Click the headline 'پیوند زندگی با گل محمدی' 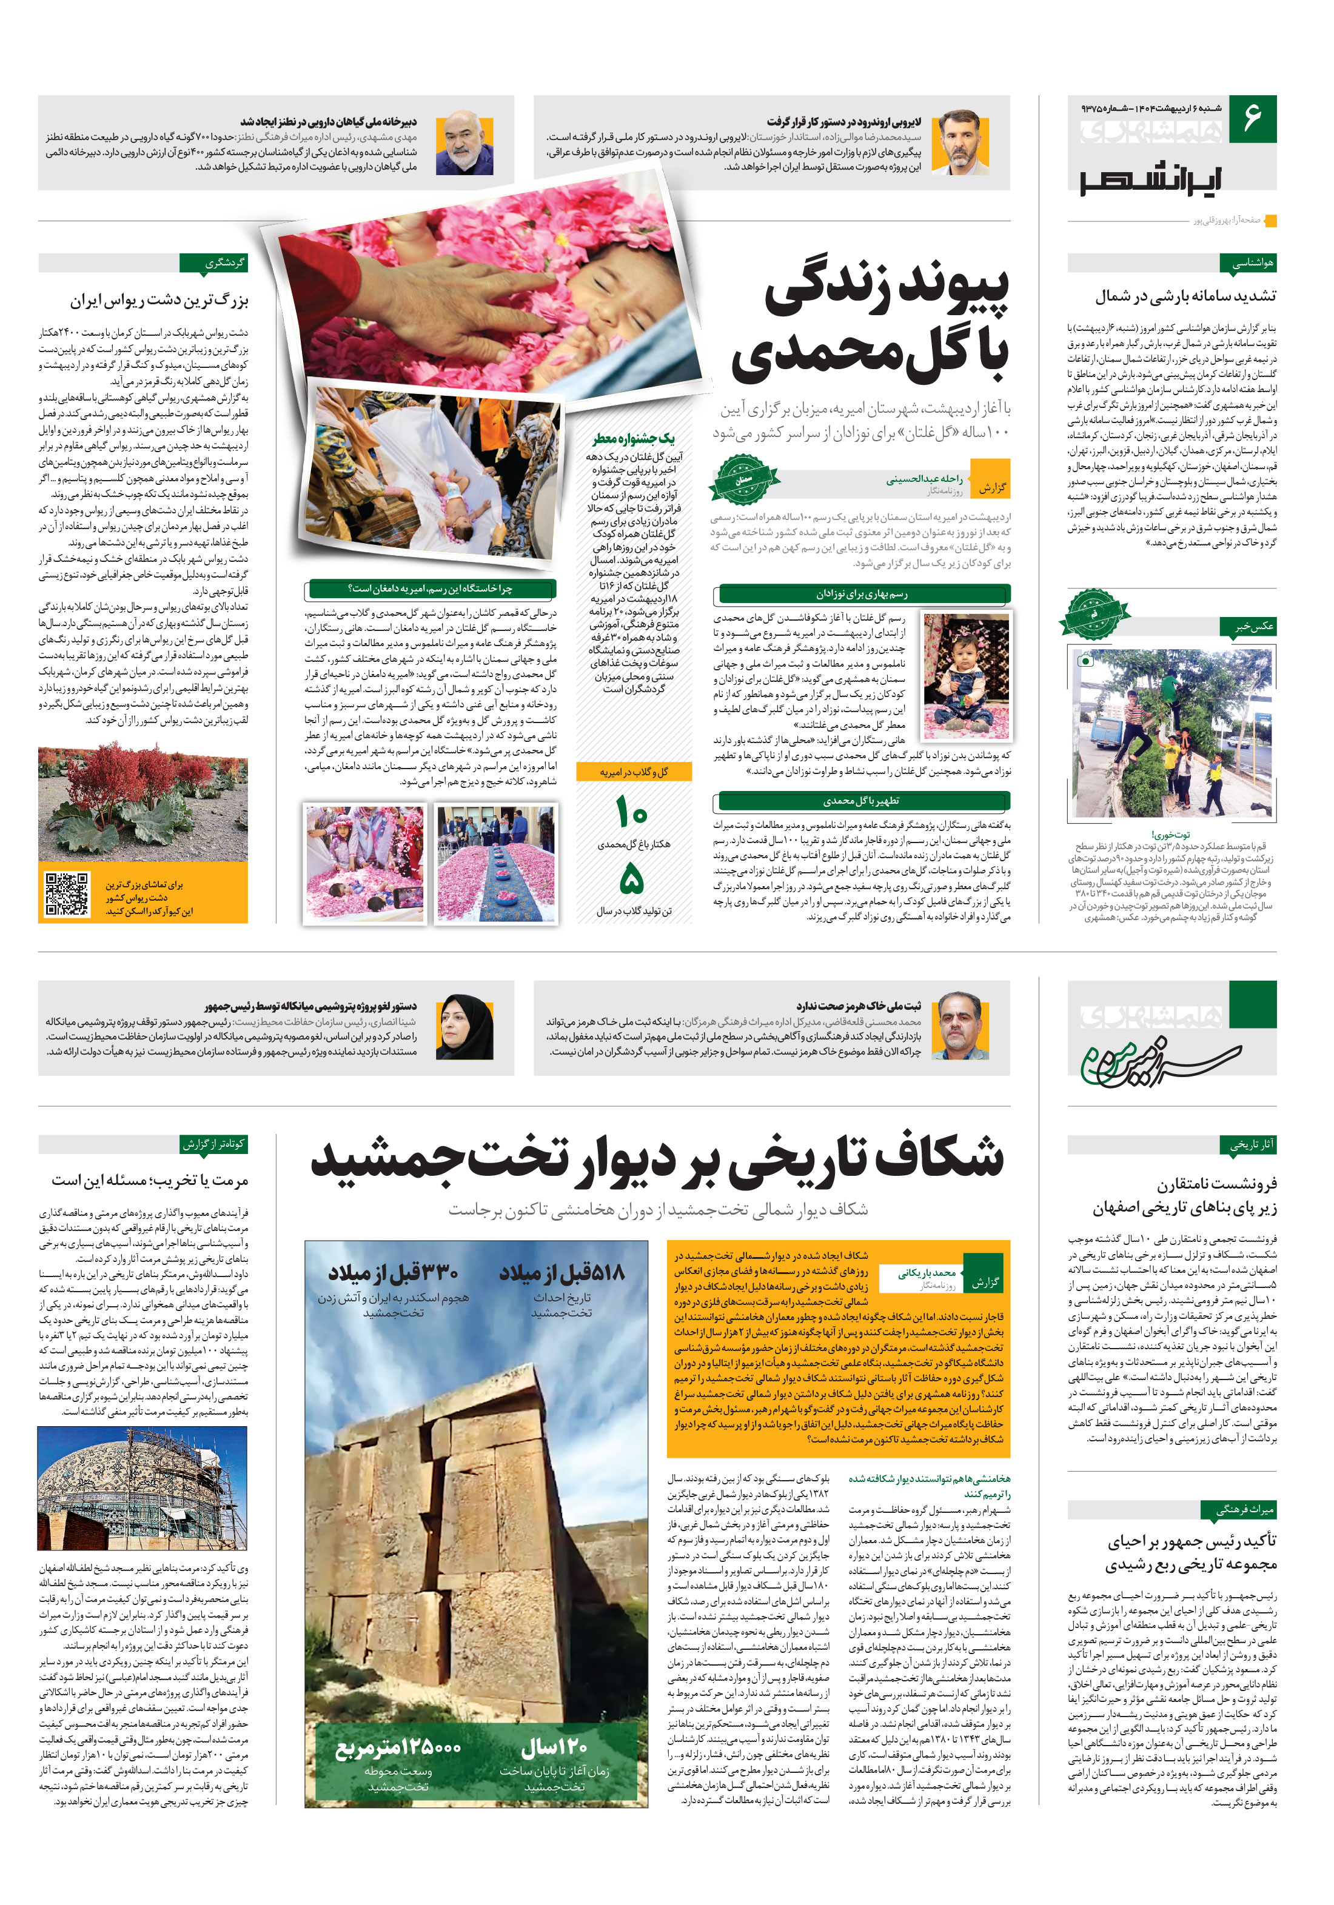[x=870, y=321]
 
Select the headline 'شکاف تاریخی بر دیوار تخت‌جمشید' [x=657, y=1159]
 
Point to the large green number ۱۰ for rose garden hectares [x=632, y=810]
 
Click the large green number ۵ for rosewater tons [x=632, y=878]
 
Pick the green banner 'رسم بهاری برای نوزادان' [x=862, y=594]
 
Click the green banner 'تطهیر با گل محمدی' [x=862, y=801]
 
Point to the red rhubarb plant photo [x=142, y=802]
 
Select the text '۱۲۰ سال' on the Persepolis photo [x=554, y=1748]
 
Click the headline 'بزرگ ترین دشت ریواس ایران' [x=159, y=301]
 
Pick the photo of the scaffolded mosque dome [x=142, y=1489]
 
